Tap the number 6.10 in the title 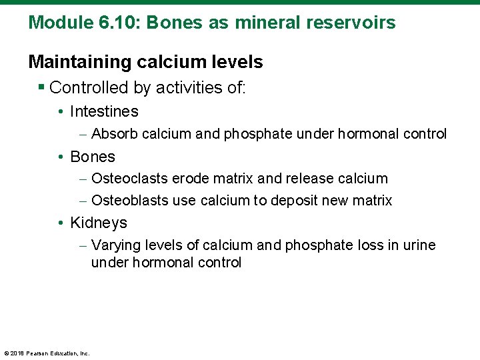pyautogui.click(x=112, y=23)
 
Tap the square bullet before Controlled pyautogui.click(x=42, y=87)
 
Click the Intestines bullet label pyautogui.click(x=104, y=111)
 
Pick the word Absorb pyautogui.click(x=113, y=134)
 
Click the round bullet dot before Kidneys pyautogui.click(x=60, y=223)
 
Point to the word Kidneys pyautogui.click(x=98, y=223)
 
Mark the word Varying pyautogui.click(x=113, y=245)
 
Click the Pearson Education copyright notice pyautogui.click(x=47, y=353)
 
